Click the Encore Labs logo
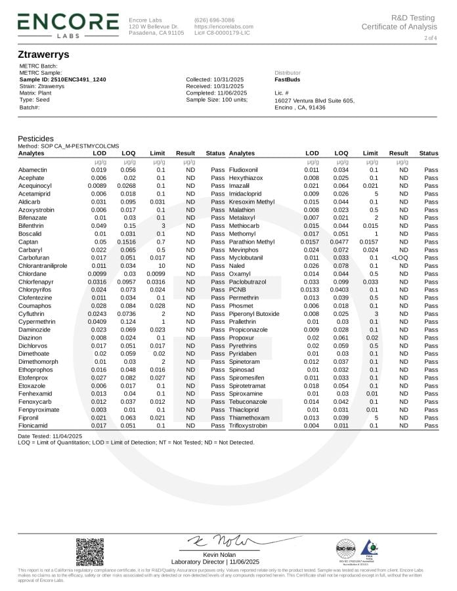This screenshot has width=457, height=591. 68,24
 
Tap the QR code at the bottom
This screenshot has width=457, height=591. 89,551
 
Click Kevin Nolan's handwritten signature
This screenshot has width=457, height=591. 219,541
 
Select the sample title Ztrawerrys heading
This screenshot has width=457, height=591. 44,54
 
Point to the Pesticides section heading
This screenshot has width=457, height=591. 35,139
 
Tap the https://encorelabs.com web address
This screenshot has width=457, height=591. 223,26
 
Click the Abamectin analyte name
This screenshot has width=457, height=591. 32,169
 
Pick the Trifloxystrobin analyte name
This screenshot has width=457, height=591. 248,426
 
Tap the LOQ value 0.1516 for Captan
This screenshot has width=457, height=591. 127,242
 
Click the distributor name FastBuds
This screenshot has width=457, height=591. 288,79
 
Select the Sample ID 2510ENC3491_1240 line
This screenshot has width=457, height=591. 62,79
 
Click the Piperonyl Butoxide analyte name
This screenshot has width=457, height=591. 254,313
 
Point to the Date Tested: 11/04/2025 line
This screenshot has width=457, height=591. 50,436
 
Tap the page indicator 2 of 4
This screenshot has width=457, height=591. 430,39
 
